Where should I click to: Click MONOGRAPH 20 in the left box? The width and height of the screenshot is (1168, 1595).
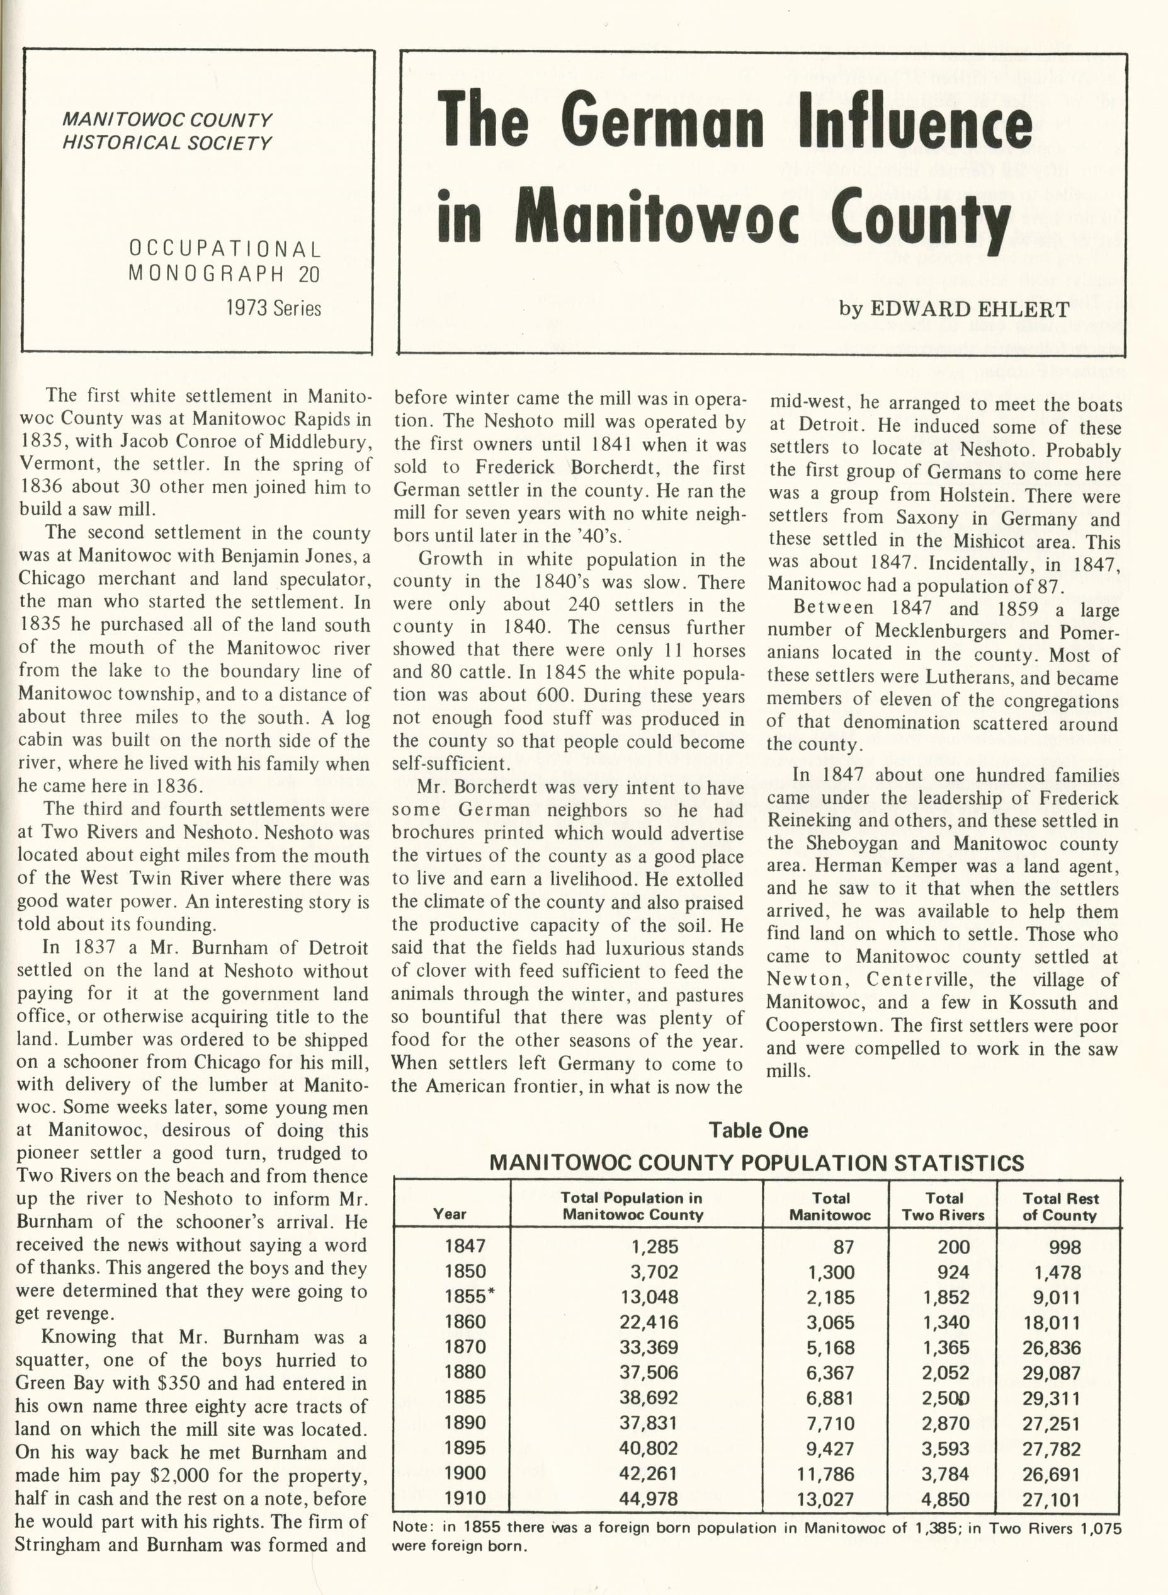(x=224, y=274)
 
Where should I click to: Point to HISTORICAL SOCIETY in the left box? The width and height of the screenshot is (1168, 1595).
(x=167, y=143)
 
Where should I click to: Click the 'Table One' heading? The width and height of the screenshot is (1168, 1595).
(x=758, y=1130)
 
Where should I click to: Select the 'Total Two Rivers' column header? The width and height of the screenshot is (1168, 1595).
(x=943, y=1207)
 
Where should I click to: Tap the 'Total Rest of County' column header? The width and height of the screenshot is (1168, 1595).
(x=1060, y=1207)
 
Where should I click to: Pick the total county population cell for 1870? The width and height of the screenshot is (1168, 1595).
(x=649, y=1347)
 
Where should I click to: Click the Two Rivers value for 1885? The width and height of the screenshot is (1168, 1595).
(x=945, y=1398)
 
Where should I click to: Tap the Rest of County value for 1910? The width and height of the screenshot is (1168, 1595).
(x=1052, y=1498)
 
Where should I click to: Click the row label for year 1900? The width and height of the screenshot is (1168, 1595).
(x=465, y=1473)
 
